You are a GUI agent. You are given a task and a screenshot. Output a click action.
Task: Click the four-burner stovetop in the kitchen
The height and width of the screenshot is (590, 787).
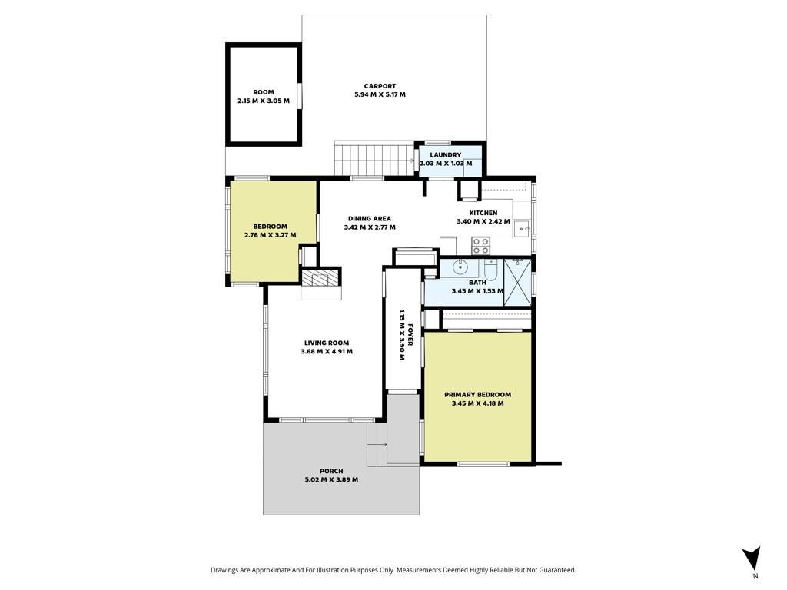[x=480, y=246]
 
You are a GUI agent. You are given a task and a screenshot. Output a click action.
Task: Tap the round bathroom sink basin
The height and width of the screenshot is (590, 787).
[x=460, y=267]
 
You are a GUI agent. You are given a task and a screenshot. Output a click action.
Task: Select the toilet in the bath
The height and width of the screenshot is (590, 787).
[x=490, y=270]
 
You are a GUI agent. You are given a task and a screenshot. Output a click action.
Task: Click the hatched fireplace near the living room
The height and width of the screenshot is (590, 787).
[x=320, y=278]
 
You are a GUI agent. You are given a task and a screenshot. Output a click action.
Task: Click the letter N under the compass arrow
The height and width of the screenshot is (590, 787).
[x=755, y=576]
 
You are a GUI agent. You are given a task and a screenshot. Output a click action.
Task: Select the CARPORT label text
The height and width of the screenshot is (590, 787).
[x=380, y=86]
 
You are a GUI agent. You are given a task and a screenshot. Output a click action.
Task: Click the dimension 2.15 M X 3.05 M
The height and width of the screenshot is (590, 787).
[x=264, y=101]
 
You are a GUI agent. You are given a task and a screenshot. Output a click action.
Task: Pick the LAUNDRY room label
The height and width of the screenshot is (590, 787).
[x=445, y=155]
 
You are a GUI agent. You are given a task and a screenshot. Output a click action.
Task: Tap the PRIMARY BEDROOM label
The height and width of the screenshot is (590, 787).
[x=478, y=395]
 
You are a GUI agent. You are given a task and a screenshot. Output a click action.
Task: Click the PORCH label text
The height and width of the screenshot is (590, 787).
[x=331, y=471]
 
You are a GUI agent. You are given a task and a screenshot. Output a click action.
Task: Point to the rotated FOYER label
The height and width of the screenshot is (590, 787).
[x=410, y=335]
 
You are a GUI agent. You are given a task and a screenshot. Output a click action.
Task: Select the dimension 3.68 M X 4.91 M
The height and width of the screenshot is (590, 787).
[x=327, y=351]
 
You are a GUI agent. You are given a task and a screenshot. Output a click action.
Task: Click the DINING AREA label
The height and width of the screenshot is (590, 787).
[x=370, y=219]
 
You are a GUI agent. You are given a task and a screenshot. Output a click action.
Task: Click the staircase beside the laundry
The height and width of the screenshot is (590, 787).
[x=375, y=158]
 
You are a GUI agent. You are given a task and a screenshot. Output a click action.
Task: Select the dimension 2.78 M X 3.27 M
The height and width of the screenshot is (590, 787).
[x=270, y=235]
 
